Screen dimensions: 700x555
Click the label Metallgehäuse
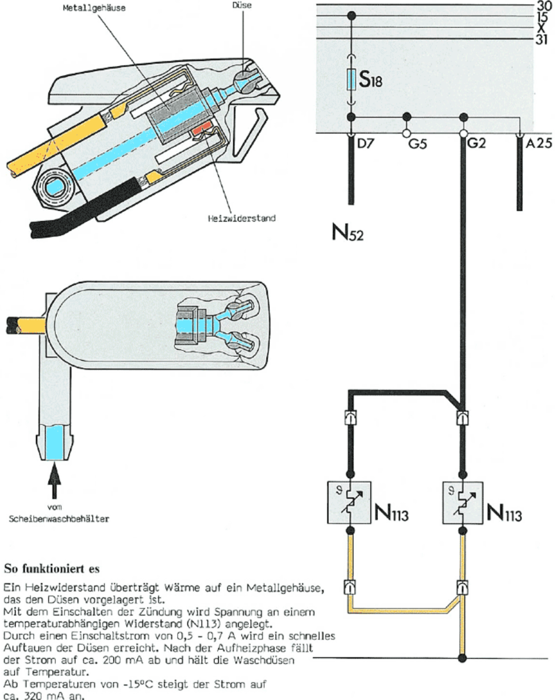tap(94, 8)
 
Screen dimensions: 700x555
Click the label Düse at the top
tap(242, 5)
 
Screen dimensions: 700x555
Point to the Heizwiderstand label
tap(241, 219)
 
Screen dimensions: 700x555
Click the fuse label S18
tap(370, 81)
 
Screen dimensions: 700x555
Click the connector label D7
tap(365, 143)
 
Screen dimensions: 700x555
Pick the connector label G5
tap(417, 143)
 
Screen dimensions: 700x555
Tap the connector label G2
tap(476, 143)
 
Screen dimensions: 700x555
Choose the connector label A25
tap(539, 143)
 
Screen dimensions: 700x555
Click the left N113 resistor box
tap(349, 503)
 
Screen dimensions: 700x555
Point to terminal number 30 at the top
tap(542, 5)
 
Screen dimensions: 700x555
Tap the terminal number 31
tap(542, 40)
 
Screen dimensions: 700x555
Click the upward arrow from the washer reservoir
tap(56, 482)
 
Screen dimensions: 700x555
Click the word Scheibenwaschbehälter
tap(59, 519)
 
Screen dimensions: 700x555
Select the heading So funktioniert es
tap(45, 568)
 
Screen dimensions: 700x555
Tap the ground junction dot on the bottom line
tap(462, 658)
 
